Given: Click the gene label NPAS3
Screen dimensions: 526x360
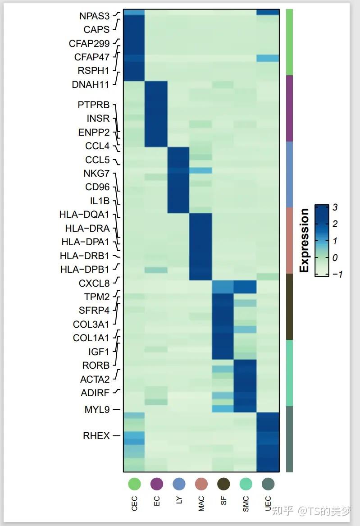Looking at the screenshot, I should (94, 16).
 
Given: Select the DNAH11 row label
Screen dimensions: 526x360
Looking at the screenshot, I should (91, 84).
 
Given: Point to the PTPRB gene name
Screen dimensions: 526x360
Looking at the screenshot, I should (93, 105).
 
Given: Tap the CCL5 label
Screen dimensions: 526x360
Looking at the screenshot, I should (97, 160).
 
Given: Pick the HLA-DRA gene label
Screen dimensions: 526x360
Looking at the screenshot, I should (87, 229).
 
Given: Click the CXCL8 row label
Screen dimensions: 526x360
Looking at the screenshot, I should (94, 284).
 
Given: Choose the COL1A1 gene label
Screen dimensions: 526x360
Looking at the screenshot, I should (91, 338).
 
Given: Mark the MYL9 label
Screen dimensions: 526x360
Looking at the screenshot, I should (97, 410).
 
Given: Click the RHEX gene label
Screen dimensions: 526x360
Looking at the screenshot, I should (96, 436).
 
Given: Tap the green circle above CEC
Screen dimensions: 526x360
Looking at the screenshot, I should (134, 484).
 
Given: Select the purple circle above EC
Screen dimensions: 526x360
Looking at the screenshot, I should (157, 484).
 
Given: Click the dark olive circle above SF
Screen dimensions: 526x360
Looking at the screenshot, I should (223, 484).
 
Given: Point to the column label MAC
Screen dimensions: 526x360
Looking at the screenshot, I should (201, 504).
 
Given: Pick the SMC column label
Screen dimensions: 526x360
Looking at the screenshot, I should (246, 504).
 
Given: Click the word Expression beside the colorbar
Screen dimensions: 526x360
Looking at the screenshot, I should (305, 240).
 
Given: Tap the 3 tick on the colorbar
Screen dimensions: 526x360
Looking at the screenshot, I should (335, 208).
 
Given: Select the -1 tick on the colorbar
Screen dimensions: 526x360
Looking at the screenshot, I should (337, 274).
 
